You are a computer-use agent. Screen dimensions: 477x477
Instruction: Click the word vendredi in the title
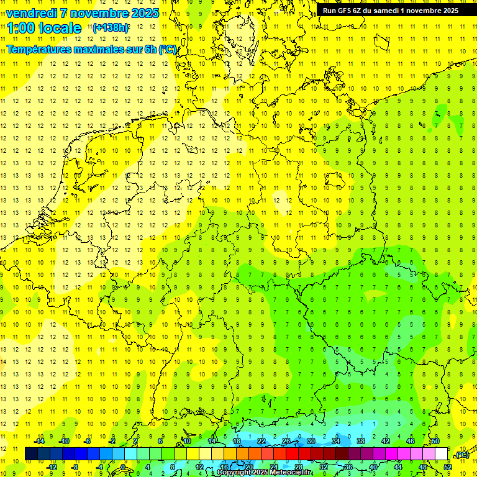(32, 13)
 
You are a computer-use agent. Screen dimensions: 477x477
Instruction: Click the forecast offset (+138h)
(111, 28)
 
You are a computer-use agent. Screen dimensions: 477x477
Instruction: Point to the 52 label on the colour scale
(448, 466)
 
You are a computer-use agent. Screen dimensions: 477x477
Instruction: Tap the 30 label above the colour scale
(311, 441)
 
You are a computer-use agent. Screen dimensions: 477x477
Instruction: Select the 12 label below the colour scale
(199, 466)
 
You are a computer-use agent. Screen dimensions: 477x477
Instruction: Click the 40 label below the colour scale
(373, 466)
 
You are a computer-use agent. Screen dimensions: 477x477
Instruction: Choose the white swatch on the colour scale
(441, 453)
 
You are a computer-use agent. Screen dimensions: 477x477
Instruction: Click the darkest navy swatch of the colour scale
(31, 453)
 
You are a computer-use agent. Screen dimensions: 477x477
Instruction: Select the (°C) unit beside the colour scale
(461, 455)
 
